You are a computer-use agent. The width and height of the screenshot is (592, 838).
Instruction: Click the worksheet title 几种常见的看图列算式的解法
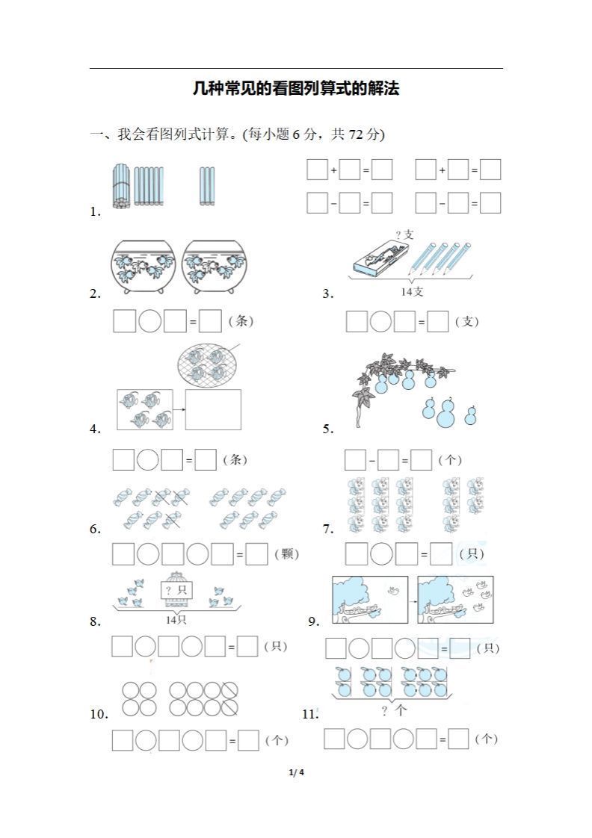[296, 89]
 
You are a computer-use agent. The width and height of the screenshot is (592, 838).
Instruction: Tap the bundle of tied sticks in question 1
[121, 185]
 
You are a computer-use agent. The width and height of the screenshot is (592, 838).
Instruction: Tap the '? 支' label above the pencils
[404, 235]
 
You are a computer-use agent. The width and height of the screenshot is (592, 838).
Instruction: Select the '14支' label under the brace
[412, 291]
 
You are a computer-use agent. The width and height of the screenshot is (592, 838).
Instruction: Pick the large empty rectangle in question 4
[213, 409]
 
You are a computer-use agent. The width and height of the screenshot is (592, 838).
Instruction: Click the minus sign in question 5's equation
[371, 461]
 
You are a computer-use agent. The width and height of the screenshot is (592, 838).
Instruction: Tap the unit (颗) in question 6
[286, 553]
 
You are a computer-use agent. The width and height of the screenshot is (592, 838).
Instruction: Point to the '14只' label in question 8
[176, 620]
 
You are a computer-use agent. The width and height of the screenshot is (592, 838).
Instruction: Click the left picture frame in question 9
[370, 600]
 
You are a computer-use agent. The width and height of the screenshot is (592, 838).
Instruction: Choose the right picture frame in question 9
[456, 600]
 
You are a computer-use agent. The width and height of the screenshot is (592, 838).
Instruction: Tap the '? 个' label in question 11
[393, 710]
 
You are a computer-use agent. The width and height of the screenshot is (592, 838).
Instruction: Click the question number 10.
[99, 714]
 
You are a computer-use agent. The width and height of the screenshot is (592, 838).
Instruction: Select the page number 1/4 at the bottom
[296, 772]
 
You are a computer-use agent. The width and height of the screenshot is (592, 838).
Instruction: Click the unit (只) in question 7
[472, 553]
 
